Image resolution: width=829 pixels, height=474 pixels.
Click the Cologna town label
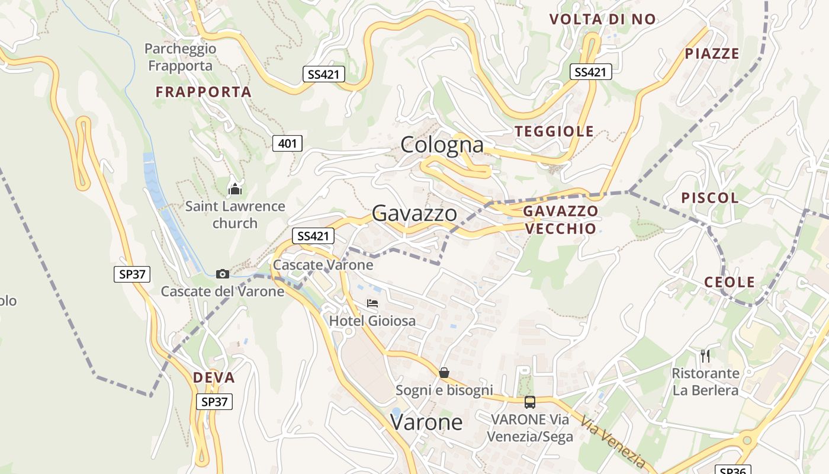click(x=442, y=145)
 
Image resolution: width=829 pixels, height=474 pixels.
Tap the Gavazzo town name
click(x=415, y=214)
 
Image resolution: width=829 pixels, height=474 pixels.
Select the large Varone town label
click(x=426, y=422)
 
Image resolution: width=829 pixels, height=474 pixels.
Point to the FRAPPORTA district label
click(x=203, y=92)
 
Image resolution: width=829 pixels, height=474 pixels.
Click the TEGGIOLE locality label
click(x=554, y=132)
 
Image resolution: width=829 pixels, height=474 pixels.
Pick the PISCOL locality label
click(x=710, y=198)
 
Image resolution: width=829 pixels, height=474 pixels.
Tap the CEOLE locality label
click(x=730, y=282)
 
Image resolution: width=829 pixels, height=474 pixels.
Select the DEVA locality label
click(x=214, y=378)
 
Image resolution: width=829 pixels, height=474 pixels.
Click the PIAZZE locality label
click(x=712, y=54)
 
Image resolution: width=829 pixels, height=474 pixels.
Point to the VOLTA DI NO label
click(x=603, y=20)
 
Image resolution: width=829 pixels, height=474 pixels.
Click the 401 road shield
click(x=287, y=143)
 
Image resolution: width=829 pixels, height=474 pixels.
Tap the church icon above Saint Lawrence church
click(x=235, y=190)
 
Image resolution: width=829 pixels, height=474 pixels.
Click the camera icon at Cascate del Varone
click(x=223, y=274)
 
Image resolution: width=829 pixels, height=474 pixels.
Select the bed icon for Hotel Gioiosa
click(x=372, y=303)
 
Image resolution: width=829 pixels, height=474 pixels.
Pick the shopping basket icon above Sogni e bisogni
click(x=444, y=373)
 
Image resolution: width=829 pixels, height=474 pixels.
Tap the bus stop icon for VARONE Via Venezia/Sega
click(x=530, y=402)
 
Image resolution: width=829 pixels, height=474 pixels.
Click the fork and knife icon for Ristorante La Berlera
click(x=705, y=355)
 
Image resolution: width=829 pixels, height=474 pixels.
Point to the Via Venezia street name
click(x=612, y=441)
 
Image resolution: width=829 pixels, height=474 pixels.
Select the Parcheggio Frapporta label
click(x=180, y=57)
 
